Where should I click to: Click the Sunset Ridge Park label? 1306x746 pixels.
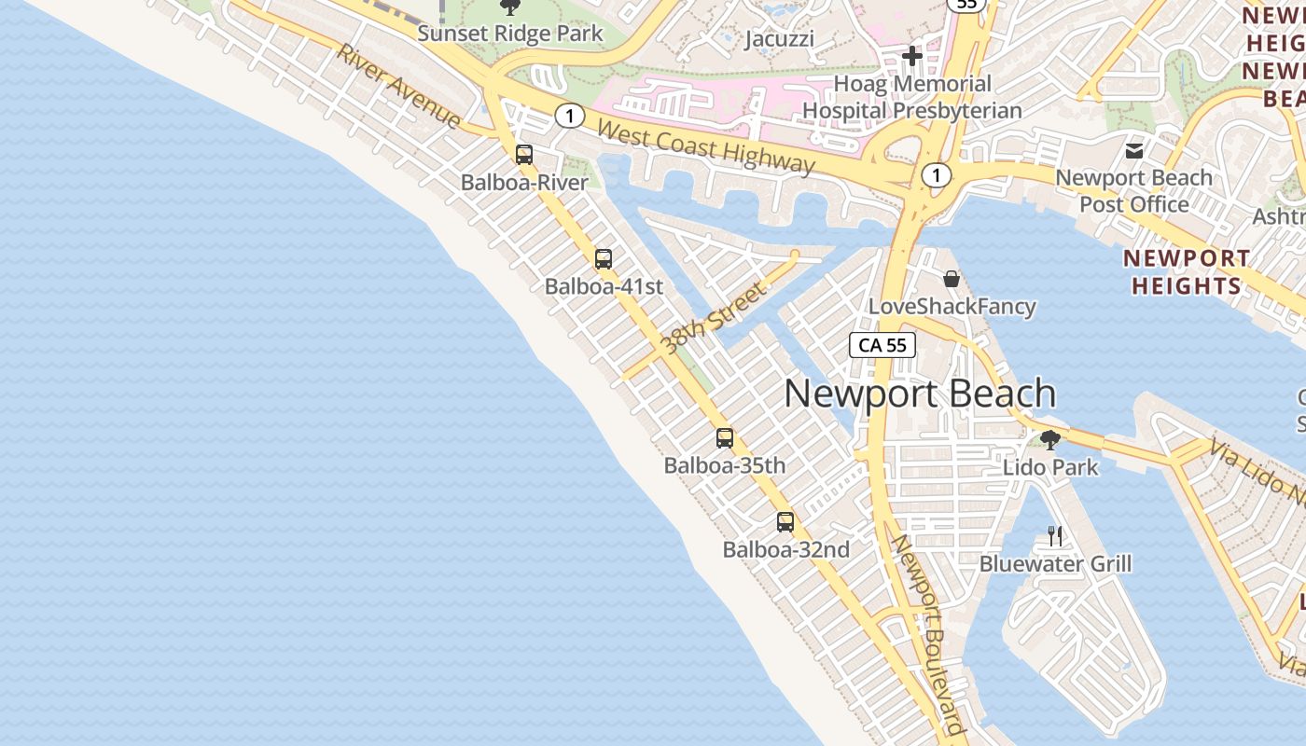pos(509,34)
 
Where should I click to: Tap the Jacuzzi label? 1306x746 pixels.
pos(780,39)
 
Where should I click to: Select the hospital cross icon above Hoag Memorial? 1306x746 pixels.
pos(912,56)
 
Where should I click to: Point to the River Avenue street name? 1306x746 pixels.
pos(399,86)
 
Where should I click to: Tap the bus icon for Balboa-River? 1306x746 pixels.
pos(524,155)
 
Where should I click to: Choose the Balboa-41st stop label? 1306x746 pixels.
pos(604,286)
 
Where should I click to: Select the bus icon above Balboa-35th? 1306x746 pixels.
pos(725,437)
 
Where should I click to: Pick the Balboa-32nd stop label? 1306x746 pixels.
pos(785,550)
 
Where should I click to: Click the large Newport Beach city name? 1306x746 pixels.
pos(920,394)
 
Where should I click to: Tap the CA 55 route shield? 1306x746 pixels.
pos(882,345)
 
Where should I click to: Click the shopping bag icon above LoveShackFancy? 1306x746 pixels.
pos(951,279)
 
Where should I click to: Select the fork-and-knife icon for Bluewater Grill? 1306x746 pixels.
pos(1055,535)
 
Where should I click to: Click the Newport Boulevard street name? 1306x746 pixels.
pos(927,638)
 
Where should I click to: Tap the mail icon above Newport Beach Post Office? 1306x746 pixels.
pos(1134,150)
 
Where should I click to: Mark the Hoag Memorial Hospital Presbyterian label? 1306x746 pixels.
pos(912,97)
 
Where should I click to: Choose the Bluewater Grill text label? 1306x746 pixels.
pos(1055,564)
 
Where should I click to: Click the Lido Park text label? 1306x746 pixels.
pos(1050,467)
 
